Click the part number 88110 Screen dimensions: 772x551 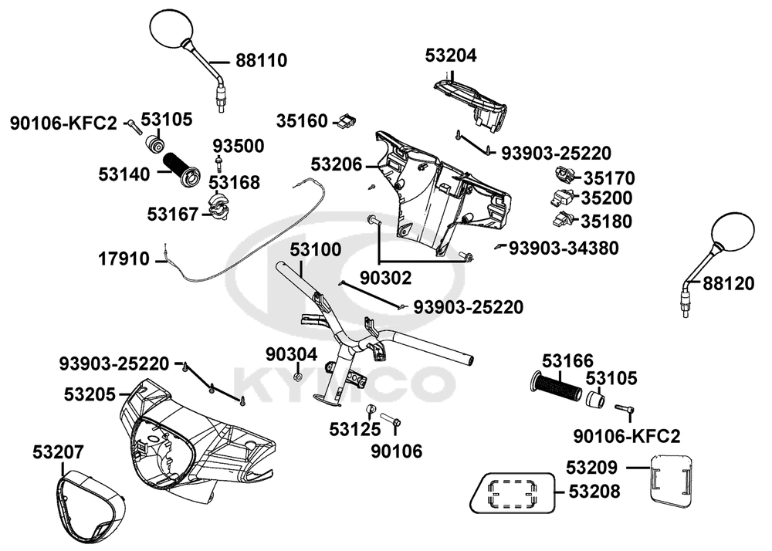point(262,61)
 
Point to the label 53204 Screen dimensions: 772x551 point(451,56)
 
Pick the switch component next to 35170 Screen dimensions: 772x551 point(565,174)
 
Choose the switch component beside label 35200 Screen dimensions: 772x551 point(561,197)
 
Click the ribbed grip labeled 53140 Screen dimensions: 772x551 point(181,170)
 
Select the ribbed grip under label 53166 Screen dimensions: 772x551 point(559,384)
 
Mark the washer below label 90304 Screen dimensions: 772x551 point(298,377)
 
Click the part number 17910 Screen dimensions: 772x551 point(124,259)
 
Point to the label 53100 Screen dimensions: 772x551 point(315,250)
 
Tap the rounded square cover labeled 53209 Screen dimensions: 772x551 point(671,481)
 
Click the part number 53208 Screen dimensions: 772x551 point(594,491)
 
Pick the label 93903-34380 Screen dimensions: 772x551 point(564,248)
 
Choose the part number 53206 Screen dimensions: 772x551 point(337,165)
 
